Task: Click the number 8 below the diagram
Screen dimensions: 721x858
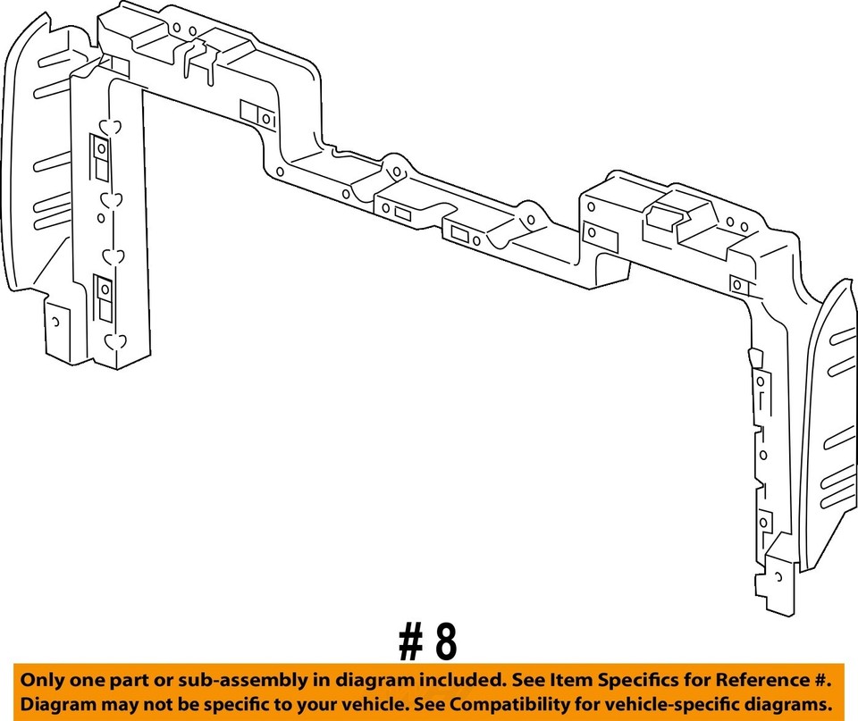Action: coord(443,641)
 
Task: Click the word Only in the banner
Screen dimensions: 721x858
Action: coord(44,681)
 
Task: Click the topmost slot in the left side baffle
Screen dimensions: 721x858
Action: coord(52,91)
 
